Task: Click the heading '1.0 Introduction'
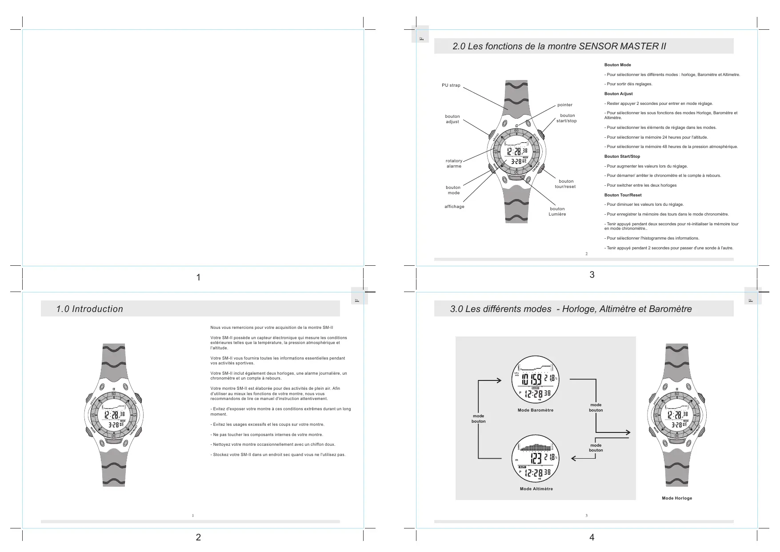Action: coord(89,309)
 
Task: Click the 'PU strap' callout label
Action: coord(451,85)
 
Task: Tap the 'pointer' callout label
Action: coord(565,105)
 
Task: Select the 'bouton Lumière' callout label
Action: coord(557,212)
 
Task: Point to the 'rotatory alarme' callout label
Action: coord(454,164)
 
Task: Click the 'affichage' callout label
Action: coord(454,207)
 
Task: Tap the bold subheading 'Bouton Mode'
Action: coord(617,65)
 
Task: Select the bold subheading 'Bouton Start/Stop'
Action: coord(622,156)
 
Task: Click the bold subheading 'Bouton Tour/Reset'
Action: coord(623,195)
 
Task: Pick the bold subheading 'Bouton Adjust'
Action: coord(618,94)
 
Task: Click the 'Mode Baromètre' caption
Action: coord(536,410)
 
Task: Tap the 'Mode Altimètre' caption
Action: coord(536,489)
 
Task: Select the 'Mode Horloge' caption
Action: coord(676,498)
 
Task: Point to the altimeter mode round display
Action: coord(536,461)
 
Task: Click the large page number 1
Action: coord(198,277)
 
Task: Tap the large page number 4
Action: coord(592,537)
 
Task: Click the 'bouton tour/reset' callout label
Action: coord(565,184)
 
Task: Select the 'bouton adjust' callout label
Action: coord(452,119)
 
